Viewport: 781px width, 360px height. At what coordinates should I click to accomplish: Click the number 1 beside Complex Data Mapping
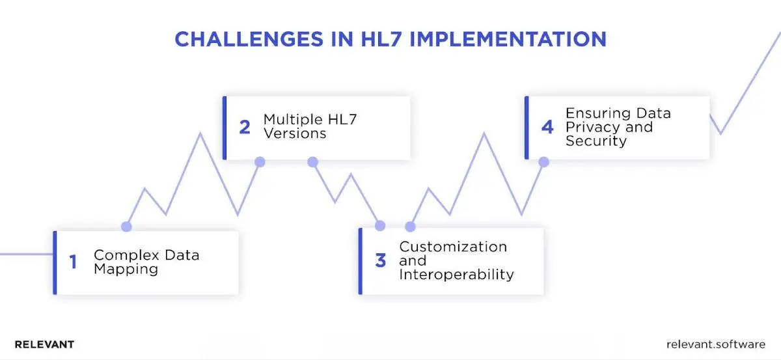tap(74, 262)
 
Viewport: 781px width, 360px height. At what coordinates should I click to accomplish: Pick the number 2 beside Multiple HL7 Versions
tap(245, 127)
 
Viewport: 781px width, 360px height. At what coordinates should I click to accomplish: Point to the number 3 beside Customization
tap(381, 261)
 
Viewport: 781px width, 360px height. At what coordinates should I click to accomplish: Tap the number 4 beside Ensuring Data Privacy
tap(548, 127)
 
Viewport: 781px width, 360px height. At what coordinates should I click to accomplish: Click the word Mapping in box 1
tap(126, 269)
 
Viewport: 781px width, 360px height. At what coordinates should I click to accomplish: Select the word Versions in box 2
tap(294, 133)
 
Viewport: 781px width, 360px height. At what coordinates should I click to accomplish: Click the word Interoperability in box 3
tap(456, 275)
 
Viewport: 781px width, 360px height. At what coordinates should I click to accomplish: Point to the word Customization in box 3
tap(453, 247)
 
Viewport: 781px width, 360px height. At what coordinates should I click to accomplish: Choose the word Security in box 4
tap(596, 141)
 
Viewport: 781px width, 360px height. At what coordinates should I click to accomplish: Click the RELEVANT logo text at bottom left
tap(44, 344)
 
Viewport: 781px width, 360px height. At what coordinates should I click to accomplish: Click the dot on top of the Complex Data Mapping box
tap(126, 227)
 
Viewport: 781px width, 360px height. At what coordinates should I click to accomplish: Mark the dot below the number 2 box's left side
tap(260, 161)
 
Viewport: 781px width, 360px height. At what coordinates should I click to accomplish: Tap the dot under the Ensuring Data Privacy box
tap(543, 161)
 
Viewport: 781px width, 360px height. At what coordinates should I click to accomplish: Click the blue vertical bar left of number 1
tap(55, 262)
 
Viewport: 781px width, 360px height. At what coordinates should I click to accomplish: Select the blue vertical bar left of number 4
tap(526, 128)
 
